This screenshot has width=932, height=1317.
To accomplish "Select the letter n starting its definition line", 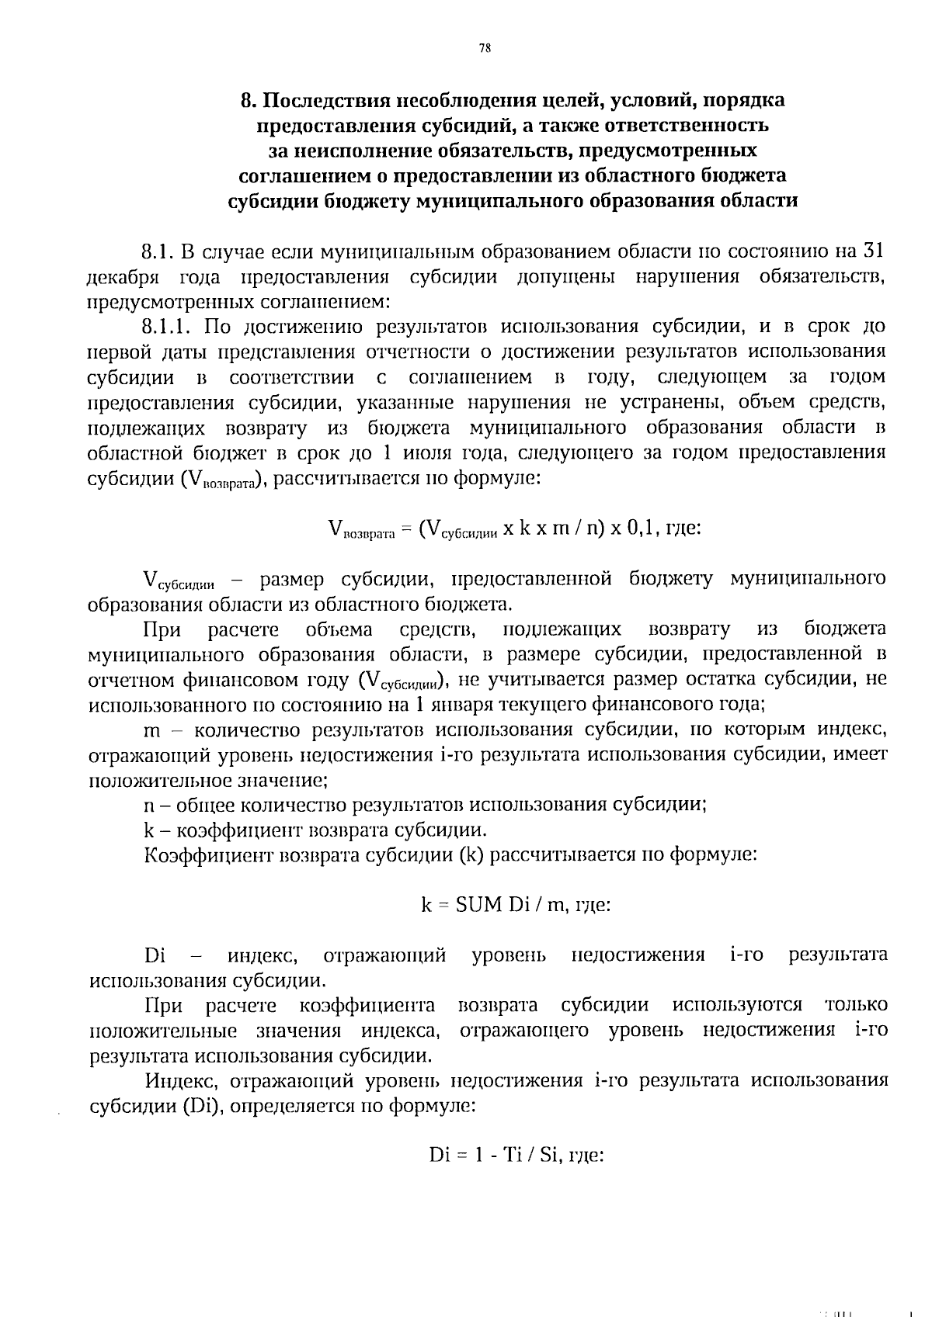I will coord(149,805).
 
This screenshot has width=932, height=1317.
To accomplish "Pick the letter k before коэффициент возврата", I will coord(149,830).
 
